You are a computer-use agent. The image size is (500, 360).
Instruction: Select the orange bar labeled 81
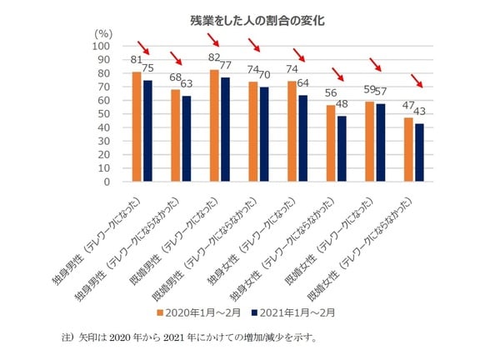pos(137,127)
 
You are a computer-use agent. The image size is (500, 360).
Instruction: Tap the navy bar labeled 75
pos(147,131)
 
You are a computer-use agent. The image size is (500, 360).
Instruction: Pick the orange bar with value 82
pos(214,126)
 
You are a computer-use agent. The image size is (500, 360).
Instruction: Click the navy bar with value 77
pos(225,129)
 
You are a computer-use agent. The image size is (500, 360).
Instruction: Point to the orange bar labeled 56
pos(330,143)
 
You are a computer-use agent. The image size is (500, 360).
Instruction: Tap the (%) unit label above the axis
pos(103,32)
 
